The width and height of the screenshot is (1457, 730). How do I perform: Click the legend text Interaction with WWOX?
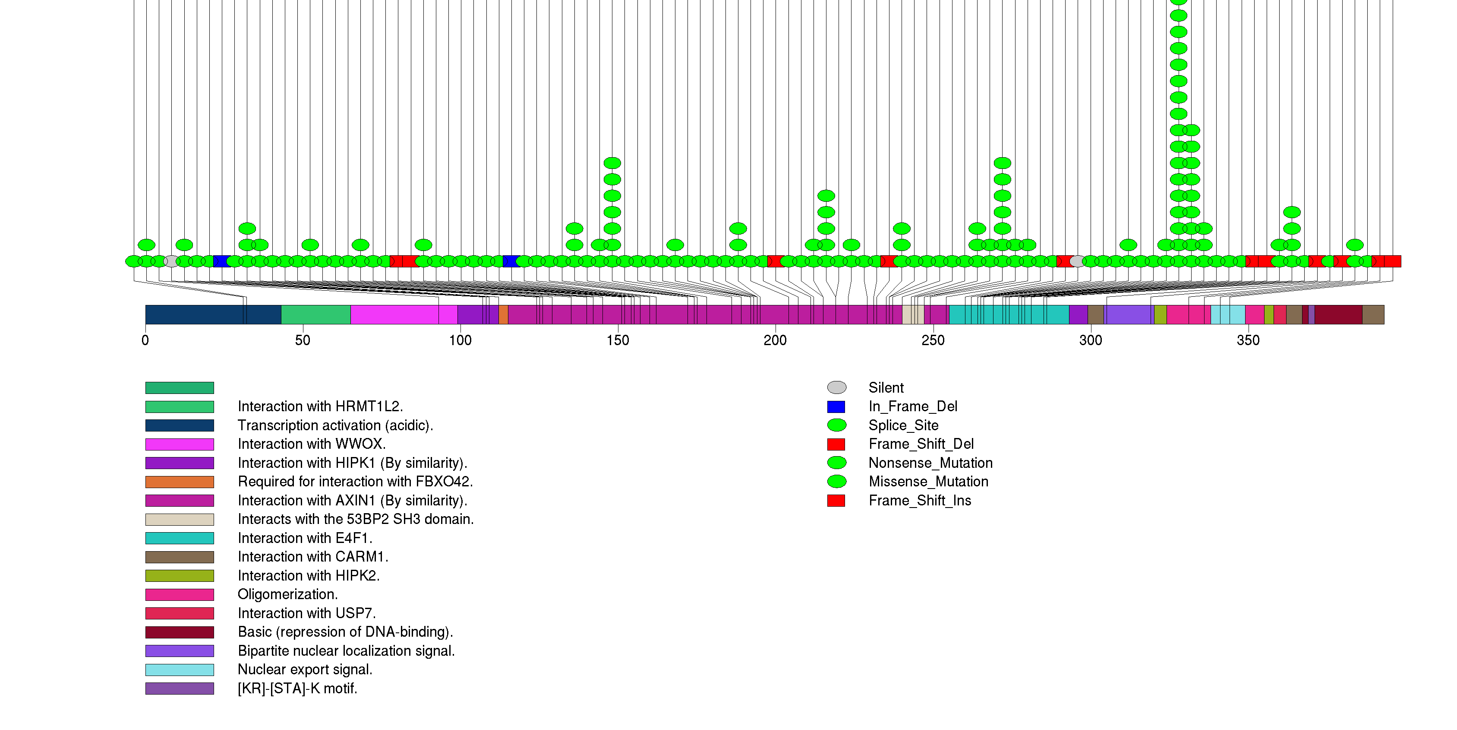(312, 444)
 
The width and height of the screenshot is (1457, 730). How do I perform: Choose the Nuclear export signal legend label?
(305, 670)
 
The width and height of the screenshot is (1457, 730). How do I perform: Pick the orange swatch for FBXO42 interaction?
(179, 482)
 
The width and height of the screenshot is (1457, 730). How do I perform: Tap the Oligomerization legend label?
(287, 594)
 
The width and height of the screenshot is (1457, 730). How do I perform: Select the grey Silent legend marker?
(836, 387)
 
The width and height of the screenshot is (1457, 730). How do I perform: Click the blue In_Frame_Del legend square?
(836, 407)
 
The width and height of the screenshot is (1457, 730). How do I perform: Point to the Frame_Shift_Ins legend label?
(920, 501)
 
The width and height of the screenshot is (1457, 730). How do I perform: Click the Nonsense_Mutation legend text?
(930, 463)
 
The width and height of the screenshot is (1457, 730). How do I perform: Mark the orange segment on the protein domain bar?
(503, 314)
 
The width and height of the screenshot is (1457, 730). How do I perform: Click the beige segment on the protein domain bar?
(912, 314)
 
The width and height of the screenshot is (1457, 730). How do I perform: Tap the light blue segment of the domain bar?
(1227, 314)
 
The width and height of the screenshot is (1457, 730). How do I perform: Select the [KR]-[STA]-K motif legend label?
(297, 689)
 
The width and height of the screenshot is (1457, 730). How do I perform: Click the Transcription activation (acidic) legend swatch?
(179, 425)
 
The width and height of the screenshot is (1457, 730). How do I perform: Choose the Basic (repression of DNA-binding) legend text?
(345, 632)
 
